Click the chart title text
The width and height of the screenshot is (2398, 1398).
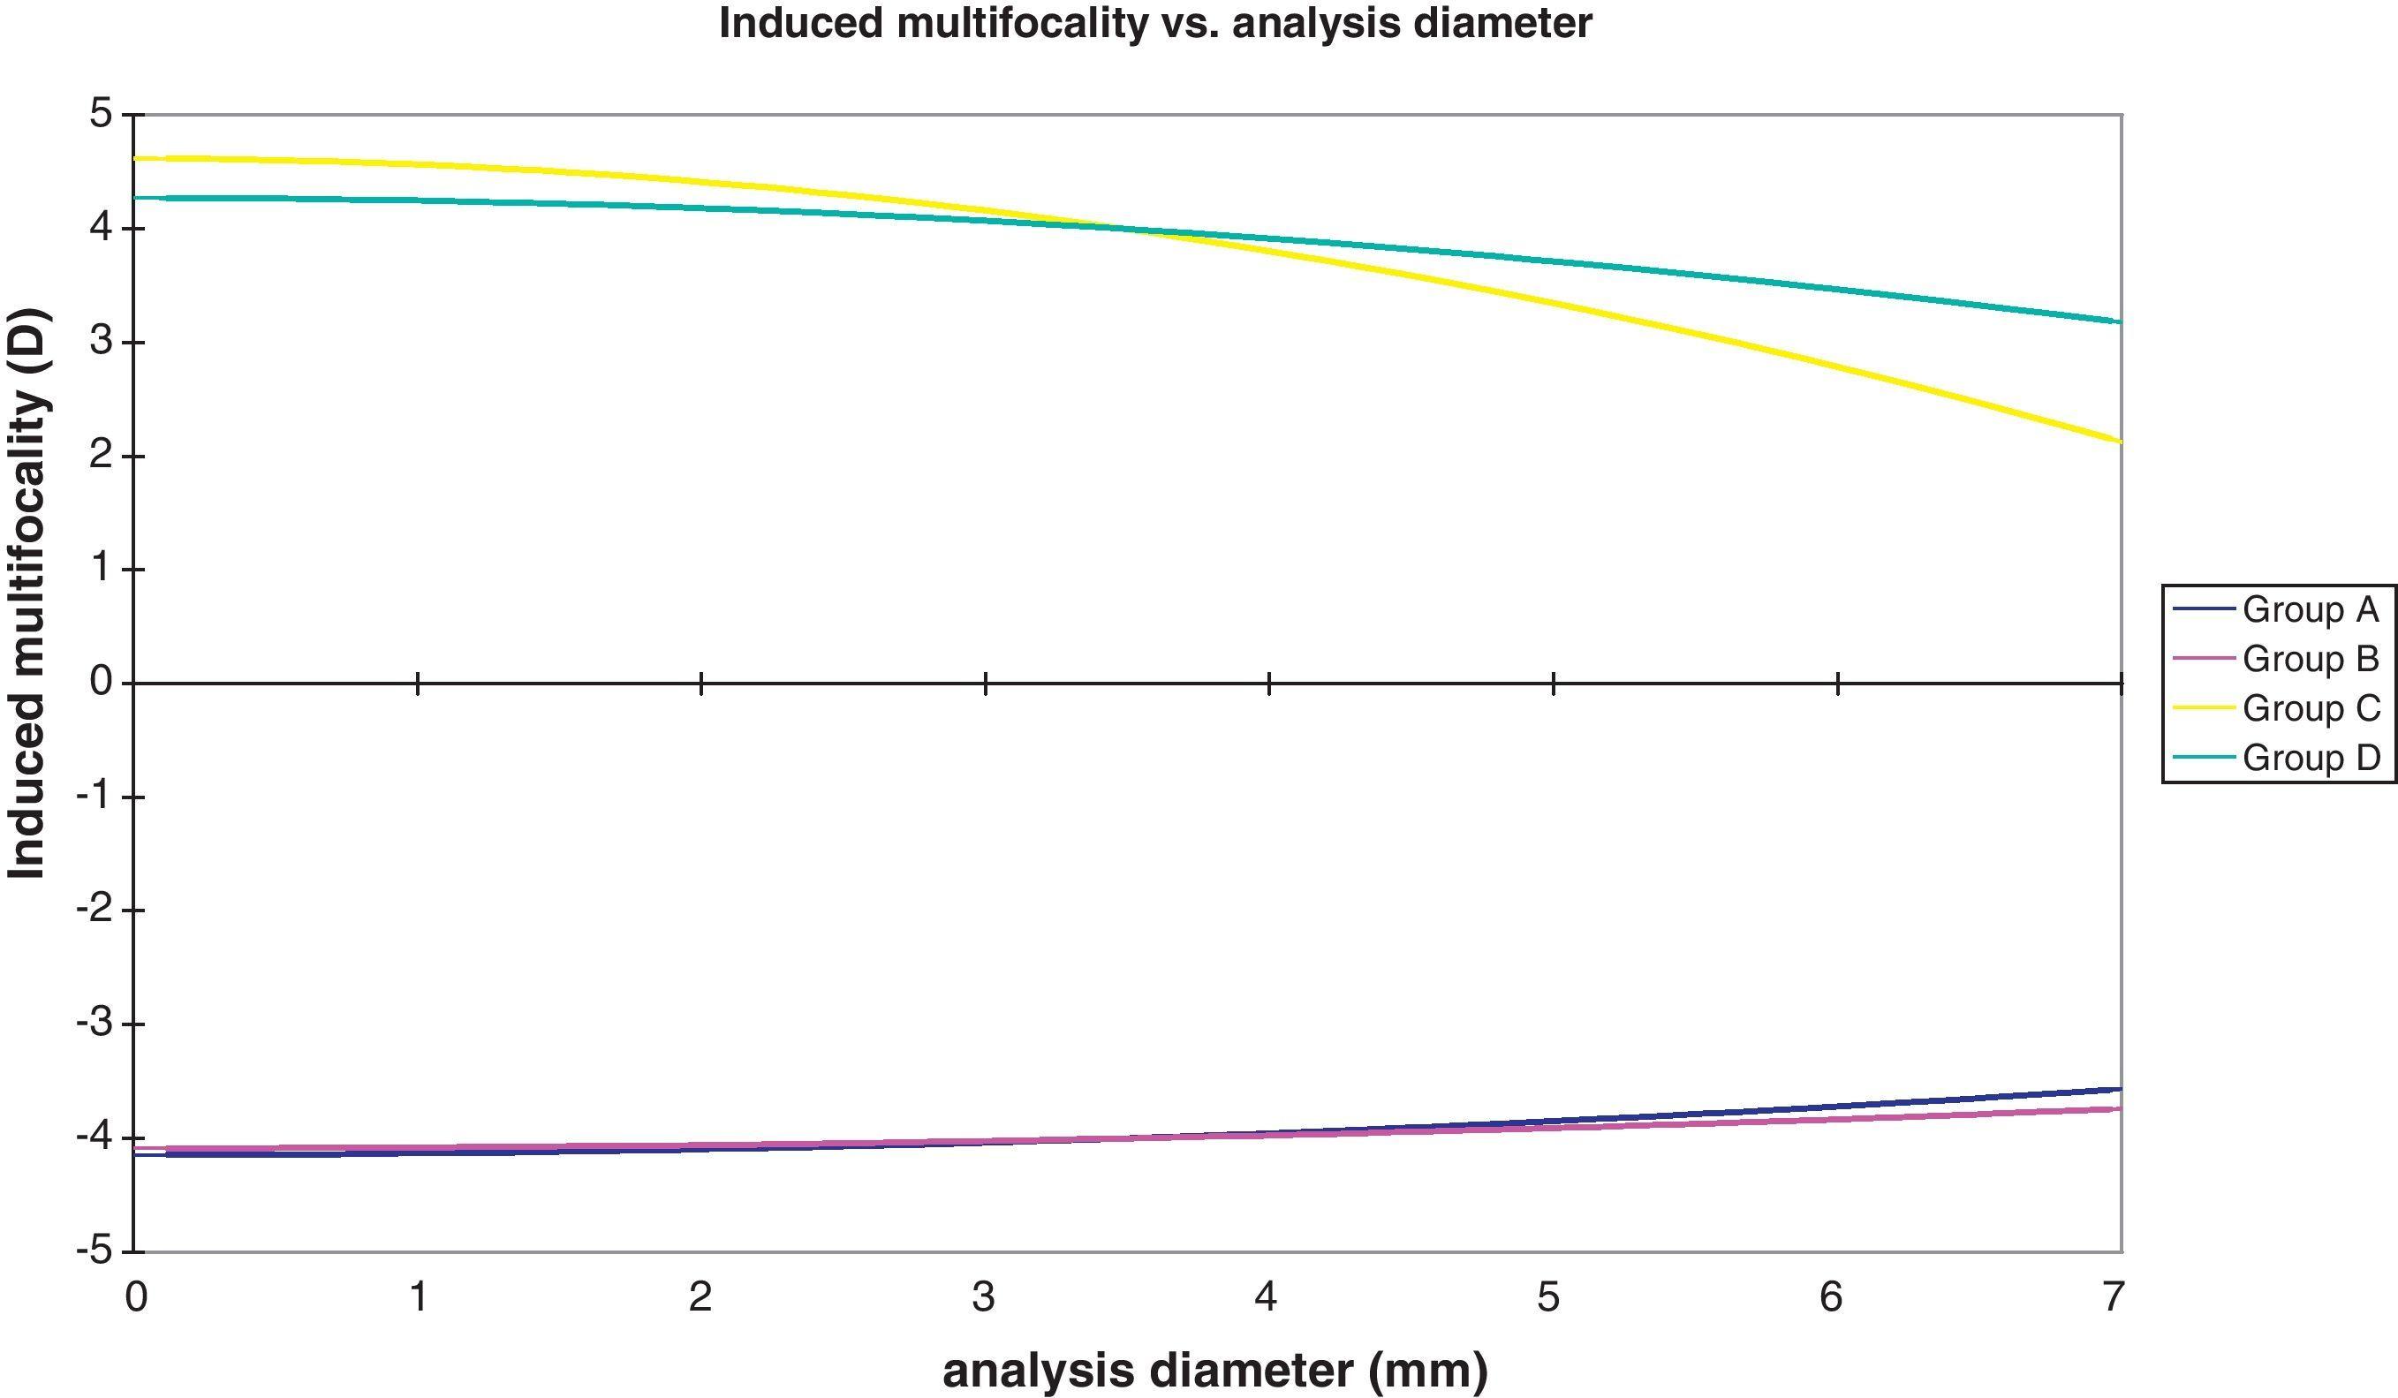(x=1154, y=23)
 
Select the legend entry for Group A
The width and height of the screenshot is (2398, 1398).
(x=2310, y=609)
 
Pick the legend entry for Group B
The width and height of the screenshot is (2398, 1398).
(x=2310, y=659)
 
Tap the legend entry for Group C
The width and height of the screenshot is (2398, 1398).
(x=2310, y=708)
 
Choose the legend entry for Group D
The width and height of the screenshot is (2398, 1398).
(x=2310, y=758)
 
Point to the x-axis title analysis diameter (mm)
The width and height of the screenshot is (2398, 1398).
(x=1214, y=1371)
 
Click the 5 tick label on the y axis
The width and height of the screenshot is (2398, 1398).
(x=101, y=115)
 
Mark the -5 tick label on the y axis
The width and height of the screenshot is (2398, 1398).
(x=95, y=1250)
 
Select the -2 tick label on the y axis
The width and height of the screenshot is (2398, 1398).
(x=95, y=910)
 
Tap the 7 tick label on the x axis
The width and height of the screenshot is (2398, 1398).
(x=2114, y=1296)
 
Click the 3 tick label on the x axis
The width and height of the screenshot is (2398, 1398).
(x=983, y=1296)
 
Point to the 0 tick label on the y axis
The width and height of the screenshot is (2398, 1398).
(x=101, y=683)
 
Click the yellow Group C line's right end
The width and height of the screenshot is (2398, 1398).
(x=2119, y=441)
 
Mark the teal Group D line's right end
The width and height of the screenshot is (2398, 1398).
(x=2119, y=321)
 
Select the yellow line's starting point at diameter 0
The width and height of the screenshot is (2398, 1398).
(x=138, y=158)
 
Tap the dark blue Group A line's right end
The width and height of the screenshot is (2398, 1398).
(x=2119, y=1089)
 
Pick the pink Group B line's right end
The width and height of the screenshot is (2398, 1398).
(x=2119, y=1108)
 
